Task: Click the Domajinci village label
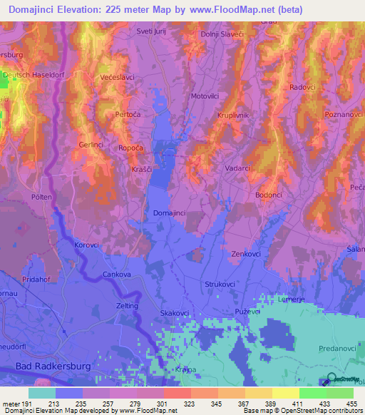[x=169, y=212]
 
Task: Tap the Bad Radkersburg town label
[x=44, y=367]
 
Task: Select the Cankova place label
[x=118, y=274]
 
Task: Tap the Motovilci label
[x=205, y=96]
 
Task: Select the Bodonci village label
[x=270, y=194]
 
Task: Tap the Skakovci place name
[x=174, y=313]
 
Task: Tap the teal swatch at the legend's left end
[x=41, y=393]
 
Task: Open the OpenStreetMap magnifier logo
[x=332, y=379]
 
